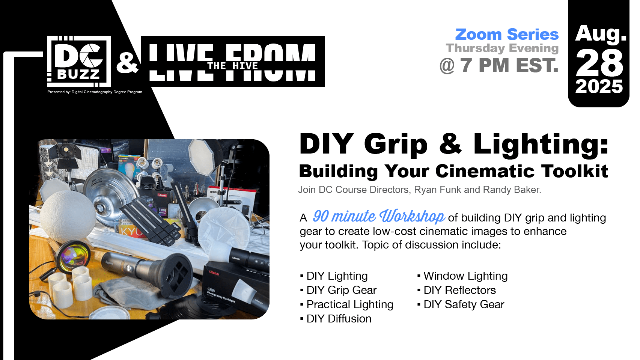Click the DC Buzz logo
pyautogui.click(x=79, y=62)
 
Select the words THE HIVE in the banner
pyautogui.click(x=233, y=66)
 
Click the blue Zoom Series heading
pyautogui.click(x=507, y=35)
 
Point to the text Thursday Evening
pyautogui.click(x=502, y=48)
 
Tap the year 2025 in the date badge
pyautogui.click(x=599, y=87)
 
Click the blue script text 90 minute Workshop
pyautogui.click(x=379, y=216)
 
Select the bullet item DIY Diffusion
pyautogui.click(x=339, y=319)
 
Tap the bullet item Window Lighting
pyautogui.click(x=465, y=276)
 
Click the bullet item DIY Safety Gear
pyautogui.click(x=464, y=304)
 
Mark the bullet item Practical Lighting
pyautogui.click(x=350, y=304)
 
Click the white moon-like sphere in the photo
pyautogui.click(x=68, y=217)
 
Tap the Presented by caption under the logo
pyautogui.click(x=95, y=92)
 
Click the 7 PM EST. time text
pyautogui.click(x=509, y=65)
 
